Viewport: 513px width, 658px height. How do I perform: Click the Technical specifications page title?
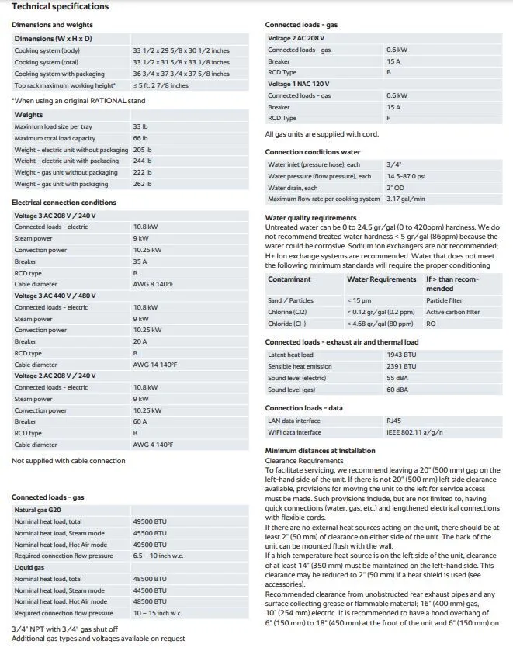(x=60, y=7)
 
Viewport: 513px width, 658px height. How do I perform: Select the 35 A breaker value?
(x=140, y=261)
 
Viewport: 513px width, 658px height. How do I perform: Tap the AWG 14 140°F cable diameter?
(x=154, y=364)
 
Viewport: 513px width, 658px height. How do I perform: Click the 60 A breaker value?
(x=140, y=421)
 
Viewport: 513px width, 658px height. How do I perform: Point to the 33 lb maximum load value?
(x=140, y=126)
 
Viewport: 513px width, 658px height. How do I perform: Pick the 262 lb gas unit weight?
(x=142, y=184)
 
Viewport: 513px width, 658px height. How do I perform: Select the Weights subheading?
(x=29, y=115)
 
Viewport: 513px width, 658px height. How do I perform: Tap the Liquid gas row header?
(x=29, y=567)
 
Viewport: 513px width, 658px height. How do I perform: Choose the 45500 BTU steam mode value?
(x=149, y=533)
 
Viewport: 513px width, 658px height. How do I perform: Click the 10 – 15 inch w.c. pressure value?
(x=157, y=613)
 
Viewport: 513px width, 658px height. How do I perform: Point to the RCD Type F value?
(x=388, y=118)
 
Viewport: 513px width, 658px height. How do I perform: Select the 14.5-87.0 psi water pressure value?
(x=407, y=176)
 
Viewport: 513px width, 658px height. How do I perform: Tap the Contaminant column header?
(x=289, y=279)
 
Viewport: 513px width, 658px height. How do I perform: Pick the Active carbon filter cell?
(x=452, y=312)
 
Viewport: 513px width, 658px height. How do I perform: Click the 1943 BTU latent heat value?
(x=400, y=355)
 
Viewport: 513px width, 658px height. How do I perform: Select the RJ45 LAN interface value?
(x=393, y=421)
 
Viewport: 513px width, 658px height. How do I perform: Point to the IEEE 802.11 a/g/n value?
(x=414, y=432)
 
